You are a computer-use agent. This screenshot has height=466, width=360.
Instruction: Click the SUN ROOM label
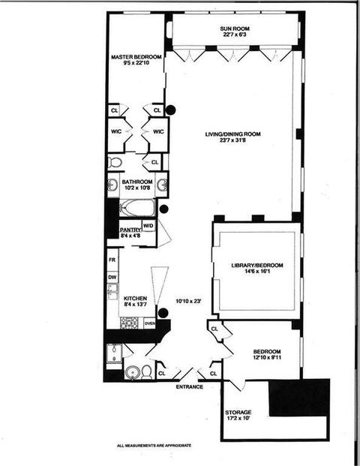click(235, 29)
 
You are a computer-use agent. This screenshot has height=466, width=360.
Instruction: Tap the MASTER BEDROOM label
click(136, 57)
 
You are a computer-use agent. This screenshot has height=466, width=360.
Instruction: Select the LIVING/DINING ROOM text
click(232, 134)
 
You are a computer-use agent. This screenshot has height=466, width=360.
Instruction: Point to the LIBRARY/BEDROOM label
click(257, 266)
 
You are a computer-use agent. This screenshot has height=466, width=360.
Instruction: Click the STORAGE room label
click(238, 413)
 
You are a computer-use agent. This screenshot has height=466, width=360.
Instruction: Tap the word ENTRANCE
click(190, 387)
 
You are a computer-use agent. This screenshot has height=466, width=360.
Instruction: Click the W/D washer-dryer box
click(148, 226)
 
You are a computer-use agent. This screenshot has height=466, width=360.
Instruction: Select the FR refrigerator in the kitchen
click(112, 260)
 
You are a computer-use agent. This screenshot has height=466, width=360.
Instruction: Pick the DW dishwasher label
click(112, 278)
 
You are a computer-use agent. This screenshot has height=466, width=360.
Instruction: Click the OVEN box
click(150, 323)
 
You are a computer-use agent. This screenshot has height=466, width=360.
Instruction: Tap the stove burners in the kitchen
click(129, 323)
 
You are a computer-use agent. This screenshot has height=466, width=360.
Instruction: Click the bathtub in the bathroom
click(137, 208)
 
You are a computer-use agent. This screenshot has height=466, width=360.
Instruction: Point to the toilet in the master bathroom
click(115, 162)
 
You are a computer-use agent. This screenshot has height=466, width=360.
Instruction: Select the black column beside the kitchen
click(163, 313)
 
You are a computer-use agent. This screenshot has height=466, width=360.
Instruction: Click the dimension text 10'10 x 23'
click(189, 301)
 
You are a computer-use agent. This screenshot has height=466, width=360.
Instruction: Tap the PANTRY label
click(130, 230)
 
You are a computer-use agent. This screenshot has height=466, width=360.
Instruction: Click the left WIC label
click(116, 131)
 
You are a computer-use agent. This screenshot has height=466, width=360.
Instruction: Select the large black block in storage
click(299, 398)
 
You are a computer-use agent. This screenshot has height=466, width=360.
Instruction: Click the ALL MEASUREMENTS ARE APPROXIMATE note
click(154, 446)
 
